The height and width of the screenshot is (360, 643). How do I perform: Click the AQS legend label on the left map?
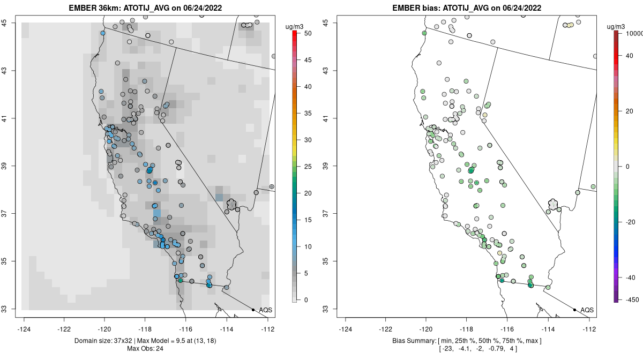265,310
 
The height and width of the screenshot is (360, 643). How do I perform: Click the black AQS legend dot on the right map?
574,310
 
